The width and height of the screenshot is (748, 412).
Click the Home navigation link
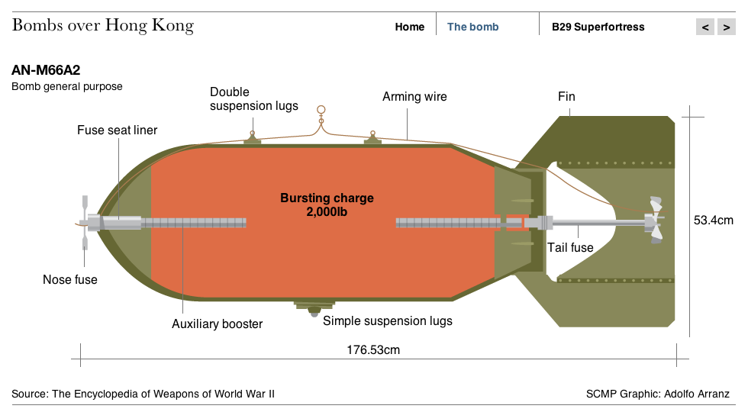pyautogui.click(x=409, y=27)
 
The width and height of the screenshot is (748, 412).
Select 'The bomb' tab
pyautogui.click(x=472, y=27)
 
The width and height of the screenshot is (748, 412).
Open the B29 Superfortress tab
pyautogui.click(x=598, y=27)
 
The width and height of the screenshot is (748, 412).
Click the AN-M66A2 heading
pyautogui.click(x=46, y=70)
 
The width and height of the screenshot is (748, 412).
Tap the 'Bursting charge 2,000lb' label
pyautogui.click(x=327, y=204)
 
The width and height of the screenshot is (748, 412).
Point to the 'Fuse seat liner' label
pyautogui.click(x=118, y=130)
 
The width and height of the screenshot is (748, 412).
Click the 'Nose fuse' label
pyautogui.click(x=70, y=279)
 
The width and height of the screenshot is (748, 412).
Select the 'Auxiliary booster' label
pyautogui.click(x=217, y=323)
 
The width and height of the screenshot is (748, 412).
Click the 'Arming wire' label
pyautogui.click(x=414, y=97)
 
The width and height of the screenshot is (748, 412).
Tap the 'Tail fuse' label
pyautogui.click(x=570, y=247)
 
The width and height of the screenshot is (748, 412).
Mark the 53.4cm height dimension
pyautogui.click(x=713, y=220)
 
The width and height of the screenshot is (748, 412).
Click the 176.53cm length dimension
pyautogui.click(x=373, y=350)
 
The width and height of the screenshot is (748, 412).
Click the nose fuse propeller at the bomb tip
pyautogui.click(x=85, y=223)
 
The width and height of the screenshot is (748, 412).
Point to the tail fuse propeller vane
pyautogui.click(x=655, y=220)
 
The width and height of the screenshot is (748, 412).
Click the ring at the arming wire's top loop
pyautogui.click(x=321, y=110)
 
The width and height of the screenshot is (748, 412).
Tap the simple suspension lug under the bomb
pyautogui.click(x=314, y=308)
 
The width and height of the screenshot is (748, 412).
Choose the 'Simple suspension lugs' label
pyautogui.click(x=388, y=321)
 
